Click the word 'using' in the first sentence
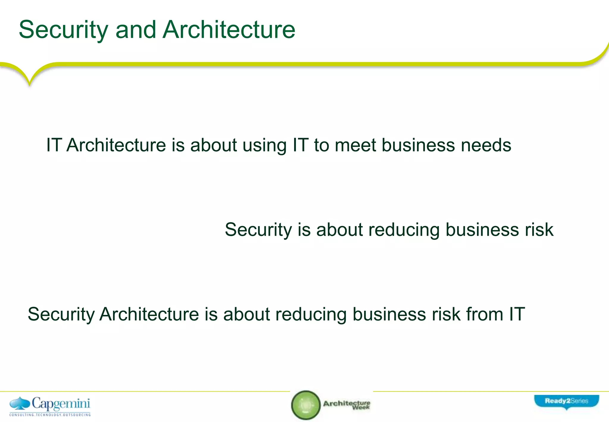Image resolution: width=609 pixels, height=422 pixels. [x=264, y=146]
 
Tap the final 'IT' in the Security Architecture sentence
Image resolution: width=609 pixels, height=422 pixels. [x=517, y=314]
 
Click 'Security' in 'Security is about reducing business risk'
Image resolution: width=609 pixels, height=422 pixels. [x=258, y=230]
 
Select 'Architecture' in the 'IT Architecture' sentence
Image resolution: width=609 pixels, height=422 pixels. [x=116, y=145]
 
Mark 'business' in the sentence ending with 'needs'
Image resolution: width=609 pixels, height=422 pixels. [x=418, y=145]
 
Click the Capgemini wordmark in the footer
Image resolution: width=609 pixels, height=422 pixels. [x=61, y=404]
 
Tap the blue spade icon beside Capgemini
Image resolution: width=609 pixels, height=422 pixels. [x=20, y=403]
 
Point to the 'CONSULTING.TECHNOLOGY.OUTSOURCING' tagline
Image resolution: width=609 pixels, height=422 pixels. [x=50, y=415]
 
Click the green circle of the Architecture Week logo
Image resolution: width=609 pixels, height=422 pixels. [x=306, y=405]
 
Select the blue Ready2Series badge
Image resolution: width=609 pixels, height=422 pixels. [x=566, y=401]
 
